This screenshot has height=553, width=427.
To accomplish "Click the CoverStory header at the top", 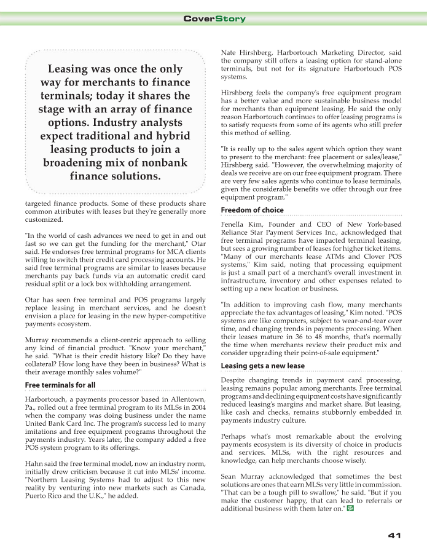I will (x=214, y=19).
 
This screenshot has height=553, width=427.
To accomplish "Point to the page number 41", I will (x=394, y=535).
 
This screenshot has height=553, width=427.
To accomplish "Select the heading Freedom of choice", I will (x=252, y=210).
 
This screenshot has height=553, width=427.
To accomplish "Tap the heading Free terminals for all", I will (x=60, y=385).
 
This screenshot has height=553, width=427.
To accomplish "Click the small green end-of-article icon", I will (x=350, y=509).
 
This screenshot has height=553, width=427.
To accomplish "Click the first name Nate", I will (x=229, y=52).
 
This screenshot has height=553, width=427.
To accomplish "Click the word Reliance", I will (x=235, y=233).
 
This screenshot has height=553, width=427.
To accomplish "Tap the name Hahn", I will (x=34, y=463).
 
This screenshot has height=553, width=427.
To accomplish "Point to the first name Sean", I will (x=229, y=476).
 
